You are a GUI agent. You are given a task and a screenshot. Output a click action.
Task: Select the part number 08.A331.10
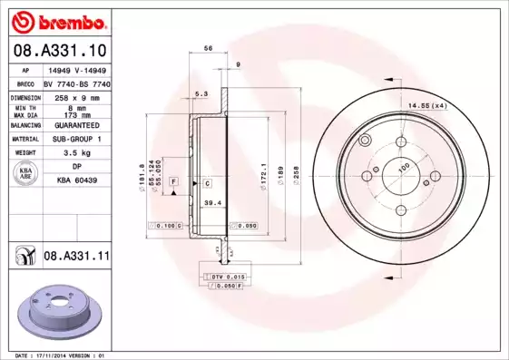tap(60, 50)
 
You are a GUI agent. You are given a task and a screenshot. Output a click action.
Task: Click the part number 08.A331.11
tap(76, 258)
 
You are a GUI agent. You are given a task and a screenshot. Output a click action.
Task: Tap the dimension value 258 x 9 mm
tap(75, 95)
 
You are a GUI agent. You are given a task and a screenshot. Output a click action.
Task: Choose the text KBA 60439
tap(76, 180)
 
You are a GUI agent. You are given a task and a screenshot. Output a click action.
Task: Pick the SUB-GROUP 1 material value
tap(76, 139)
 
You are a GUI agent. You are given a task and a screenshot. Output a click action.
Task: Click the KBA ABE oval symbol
tap(26, 174)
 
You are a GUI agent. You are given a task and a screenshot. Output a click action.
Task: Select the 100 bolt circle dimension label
tap(403, 165)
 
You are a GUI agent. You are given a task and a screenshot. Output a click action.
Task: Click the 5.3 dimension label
tap(201, 93)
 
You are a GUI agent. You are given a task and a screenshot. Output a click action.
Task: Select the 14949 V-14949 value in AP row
tap(76, 69)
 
